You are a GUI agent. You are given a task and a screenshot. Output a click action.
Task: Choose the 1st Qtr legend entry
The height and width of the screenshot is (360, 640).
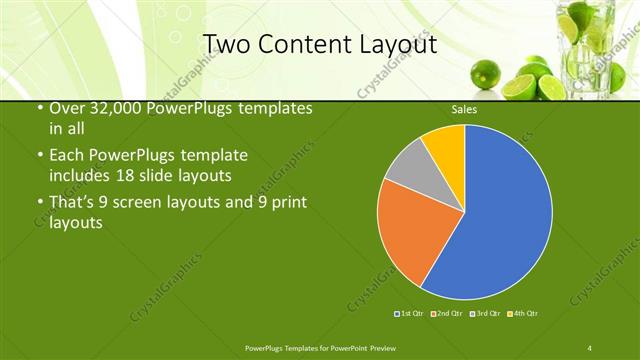click(x=409, y=314)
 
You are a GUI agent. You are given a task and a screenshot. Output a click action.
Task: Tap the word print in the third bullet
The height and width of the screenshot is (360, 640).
click(x=290, y=203)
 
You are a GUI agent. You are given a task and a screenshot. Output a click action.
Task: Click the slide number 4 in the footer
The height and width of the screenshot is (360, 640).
click(x=590, y=347)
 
